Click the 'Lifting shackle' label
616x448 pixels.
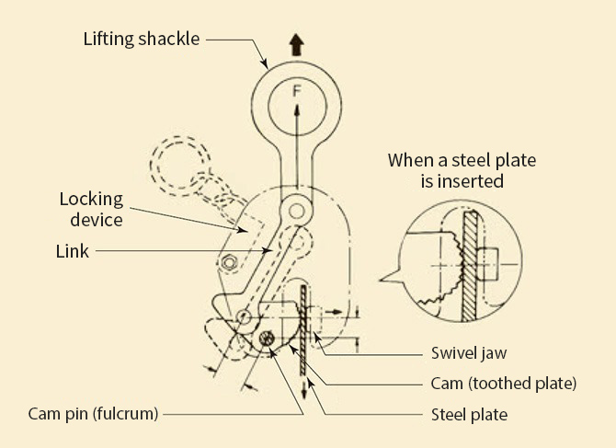[141, 40]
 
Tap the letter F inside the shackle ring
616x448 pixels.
[296, 92]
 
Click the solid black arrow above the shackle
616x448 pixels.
[296, 43]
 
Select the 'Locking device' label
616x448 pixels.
[91, 209]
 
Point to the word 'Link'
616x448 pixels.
[73, 250]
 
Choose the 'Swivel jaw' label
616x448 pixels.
[469, 352]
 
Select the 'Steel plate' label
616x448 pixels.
[469, 414]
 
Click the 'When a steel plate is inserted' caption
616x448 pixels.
[461, 170]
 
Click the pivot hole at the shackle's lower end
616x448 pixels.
[296, 211]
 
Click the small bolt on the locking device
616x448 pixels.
[228, 263]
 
